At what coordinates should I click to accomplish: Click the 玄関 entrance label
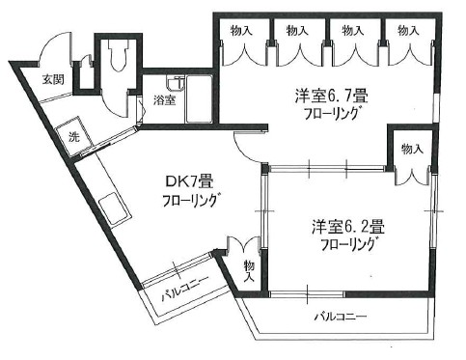coord(25,78)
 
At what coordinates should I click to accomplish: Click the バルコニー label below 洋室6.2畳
coord(340,317)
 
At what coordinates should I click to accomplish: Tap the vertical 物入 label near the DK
coord(248,271)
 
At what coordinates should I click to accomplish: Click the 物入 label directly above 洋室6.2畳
coord(411,150)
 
